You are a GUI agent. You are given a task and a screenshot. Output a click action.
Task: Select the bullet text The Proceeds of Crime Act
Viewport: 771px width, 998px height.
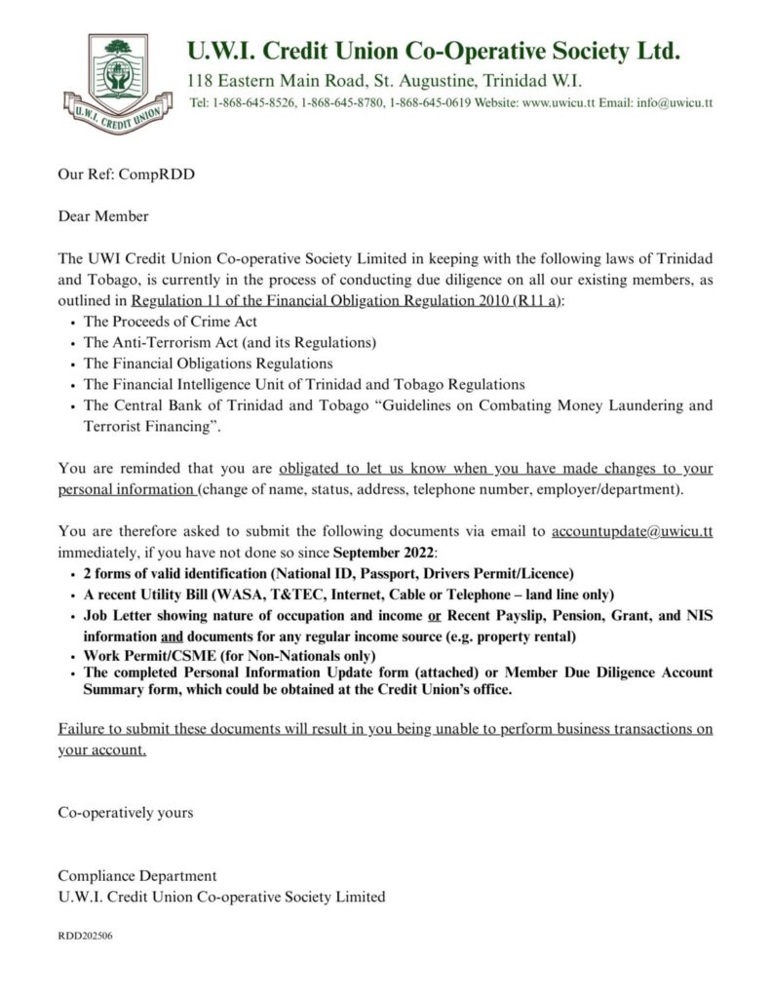(171, 322)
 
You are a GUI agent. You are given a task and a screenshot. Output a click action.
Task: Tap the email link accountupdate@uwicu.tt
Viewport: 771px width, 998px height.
(632, 531)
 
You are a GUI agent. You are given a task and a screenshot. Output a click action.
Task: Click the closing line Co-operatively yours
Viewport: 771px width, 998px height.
(126, 812)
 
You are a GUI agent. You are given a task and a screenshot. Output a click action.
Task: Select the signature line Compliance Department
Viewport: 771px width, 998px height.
(137, 876)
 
